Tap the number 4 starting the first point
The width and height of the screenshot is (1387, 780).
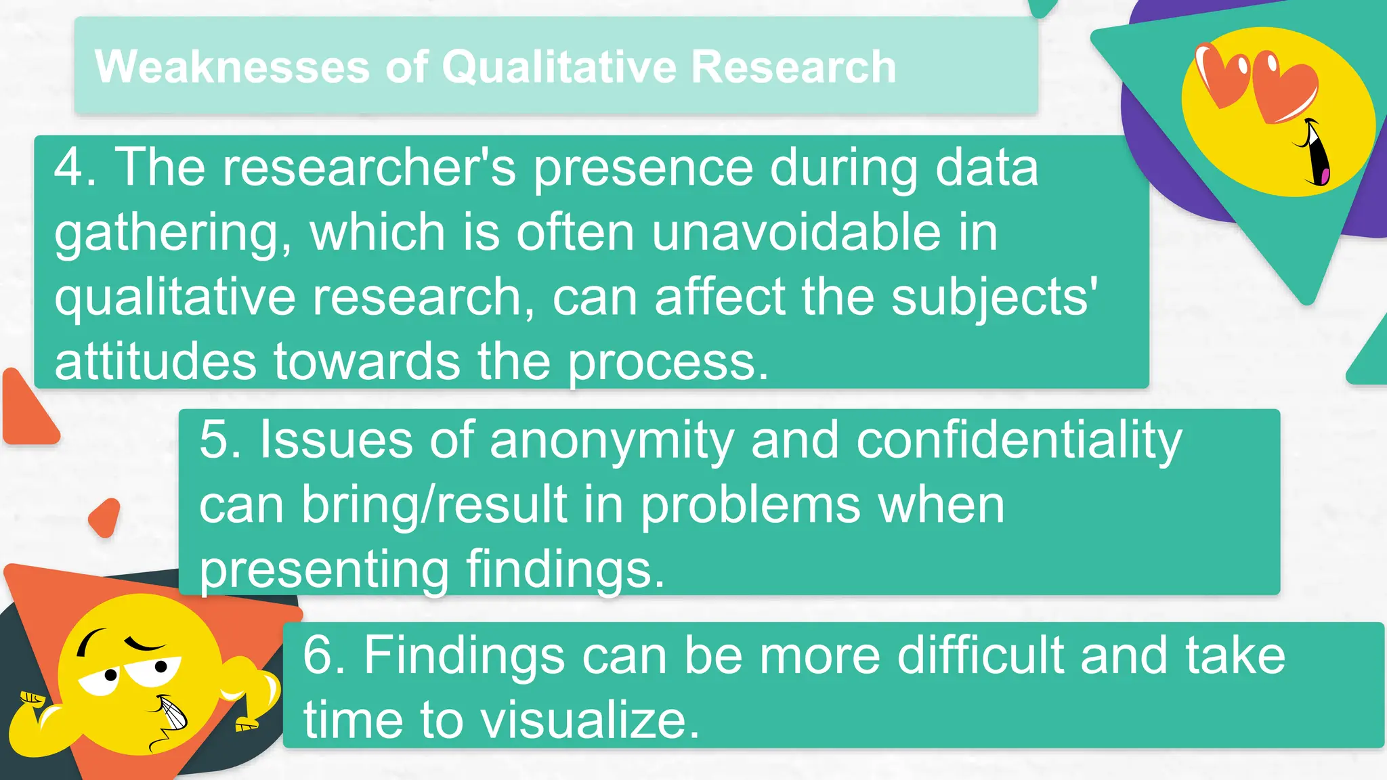click(68, 167)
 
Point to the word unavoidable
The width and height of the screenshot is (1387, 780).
click(796, 232)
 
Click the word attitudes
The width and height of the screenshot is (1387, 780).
click(155, 361)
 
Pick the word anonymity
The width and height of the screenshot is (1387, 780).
click(612, 441)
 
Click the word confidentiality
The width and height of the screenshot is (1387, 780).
click(1019, 441)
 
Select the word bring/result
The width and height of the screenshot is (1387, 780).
click(434, 505)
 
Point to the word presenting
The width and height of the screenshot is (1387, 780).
click(324, 570)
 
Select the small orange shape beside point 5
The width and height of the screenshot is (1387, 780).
click(105, 517)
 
